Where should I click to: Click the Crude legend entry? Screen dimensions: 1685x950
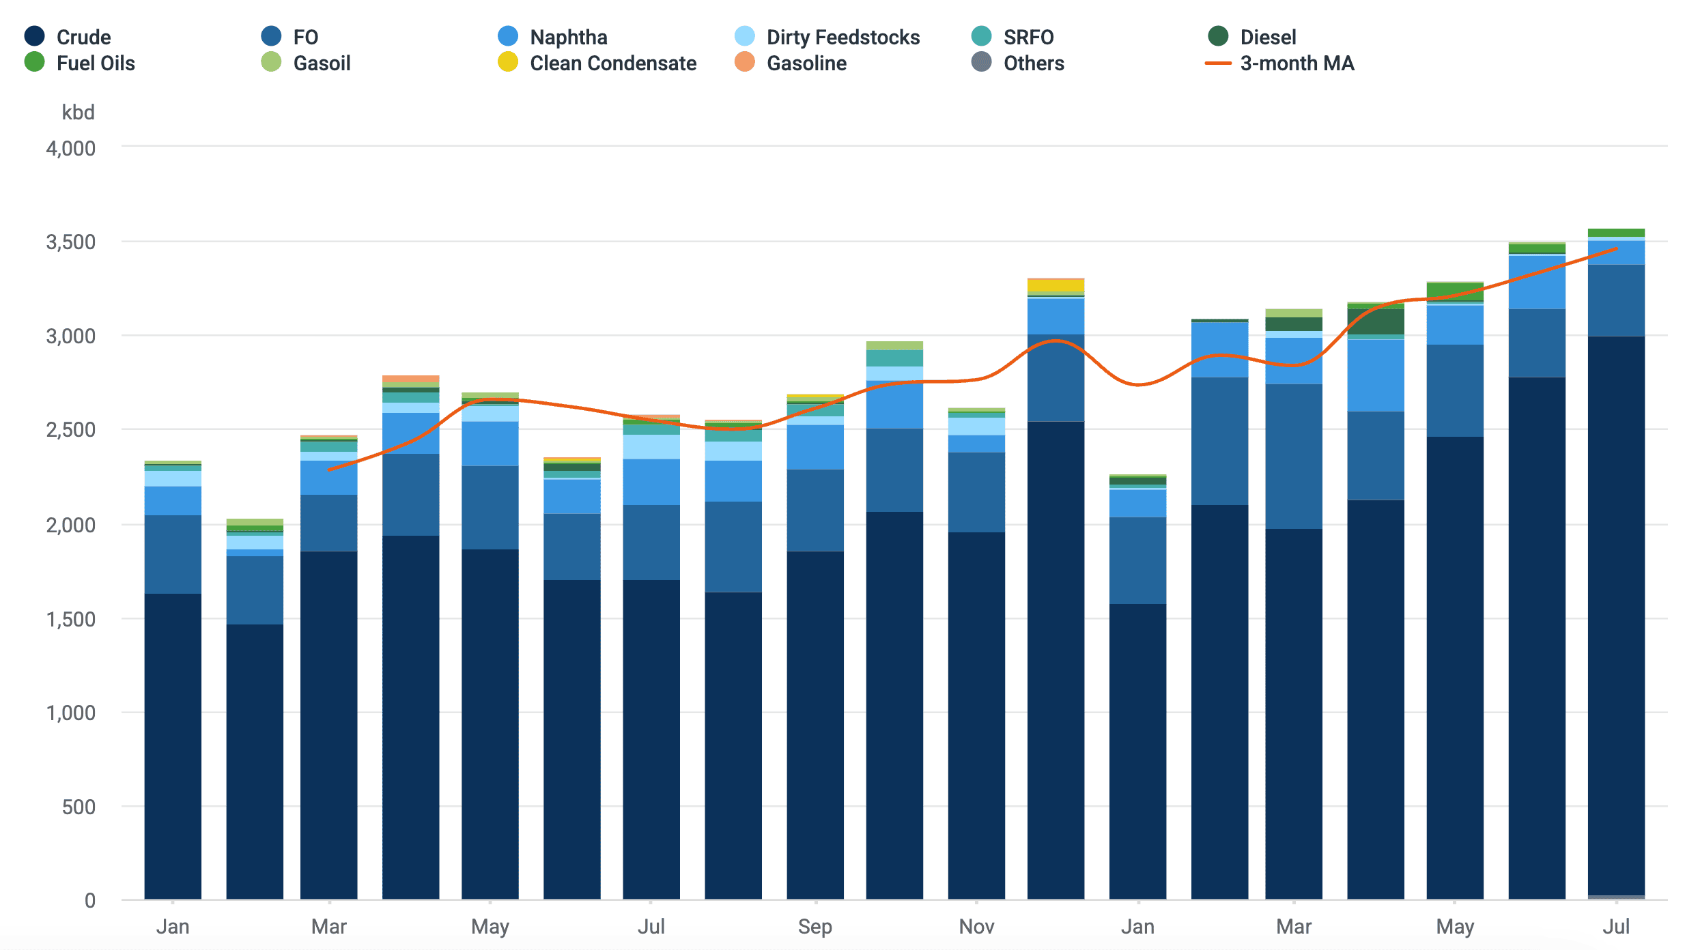coord(67,37)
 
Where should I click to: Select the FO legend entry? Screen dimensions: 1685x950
coord(289,37)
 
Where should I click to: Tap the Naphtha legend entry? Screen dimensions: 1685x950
coord(552,37)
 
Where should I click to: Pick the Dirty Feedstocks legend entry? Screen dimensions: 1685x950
coord(827,37)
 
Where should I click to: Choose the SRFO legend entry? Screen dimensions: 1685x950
coord(1013,37)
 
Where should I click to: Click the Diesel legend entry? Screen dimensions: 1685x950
coord(1252,37)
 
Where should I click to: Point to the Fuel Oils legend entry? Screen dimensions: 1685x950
coord(79,63)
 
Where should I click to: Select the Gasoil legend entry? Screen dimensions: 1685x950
coord(306,63)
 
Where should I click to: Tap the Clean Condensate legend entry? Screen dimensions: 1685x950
coord(597,63)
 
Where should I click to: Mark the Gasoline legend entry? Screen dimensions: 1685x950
coord(791,63)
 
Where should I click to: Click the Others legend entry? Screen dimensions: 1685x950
coord(1017,63)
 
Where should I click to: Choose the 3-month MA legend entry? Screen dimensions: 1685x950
coord(1279,63)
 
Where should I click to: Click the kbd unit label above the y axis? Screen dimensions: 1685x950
coord(78,112)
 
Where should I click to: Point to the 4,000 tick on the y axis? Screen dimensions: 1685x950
coord(71,148)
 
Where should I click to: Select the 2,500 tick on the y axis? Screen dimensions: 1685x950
coord(71,430)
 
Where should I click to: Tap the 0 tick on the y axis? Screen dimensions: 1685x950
coord(90,900)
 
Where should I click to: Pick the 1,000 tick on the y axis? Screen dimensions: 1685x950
coord(71,712)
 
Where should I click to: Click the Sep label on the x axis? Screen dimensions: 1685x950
coord(815,927)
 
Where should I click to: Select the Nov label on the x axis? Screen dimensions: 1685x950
coord(976,927)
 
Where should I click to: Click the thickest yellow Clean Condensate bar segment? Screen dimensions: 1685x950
coord(1056,285)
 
